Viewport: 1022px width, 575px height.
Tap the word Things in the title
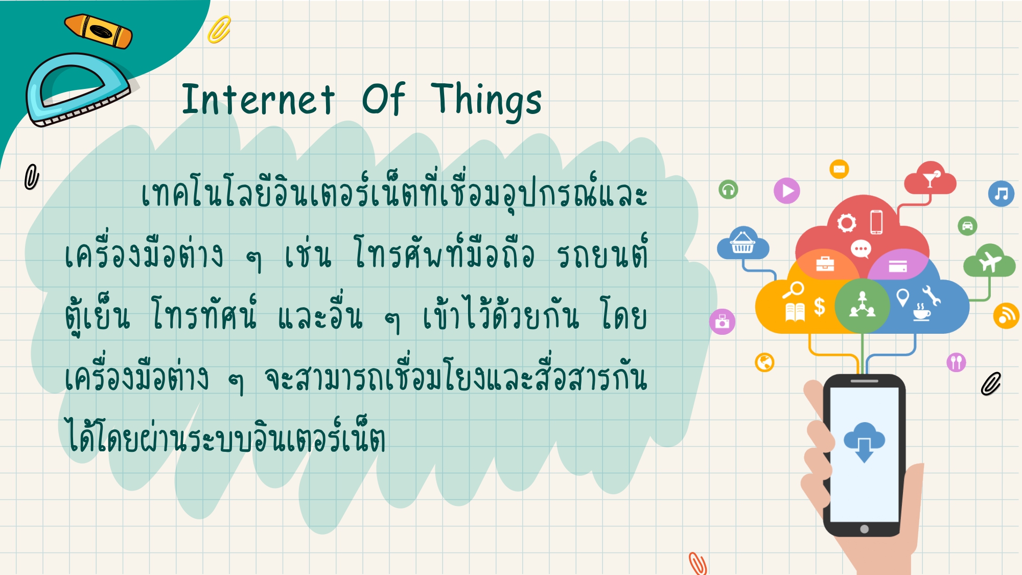point(486,101)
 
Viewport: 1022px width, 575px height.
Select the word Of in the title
point(384,98)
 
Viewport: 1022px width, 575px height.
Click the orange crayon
point(98,31)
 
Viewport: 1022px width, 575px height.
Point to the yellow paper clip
point(219,30)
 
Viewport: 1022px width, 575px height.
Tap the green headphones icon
point(728,190)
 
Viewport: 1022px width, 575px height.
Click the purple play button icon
point(787,191)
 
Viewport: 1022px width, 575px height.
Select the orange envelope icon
point(839,169)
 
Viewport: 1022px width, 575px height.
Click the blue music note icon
point(1001,194)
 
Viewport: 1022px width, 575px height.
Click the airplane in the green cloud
point(990,261)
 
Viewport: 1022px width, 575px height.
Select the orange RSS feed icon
point(1006,315)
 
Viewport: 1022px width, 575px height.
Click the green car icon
point(967,226)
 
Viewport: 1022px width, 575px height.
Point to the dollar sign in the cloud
point(820,307)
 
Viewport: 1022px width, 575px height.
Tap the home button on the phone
point(864,529)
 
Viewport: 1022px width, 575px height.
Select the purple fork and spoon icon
point(956,362)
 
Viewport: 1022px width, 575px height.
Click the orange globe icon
point(764,362)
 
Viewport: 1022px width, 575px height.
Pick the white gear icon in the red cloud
point(847,223)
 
